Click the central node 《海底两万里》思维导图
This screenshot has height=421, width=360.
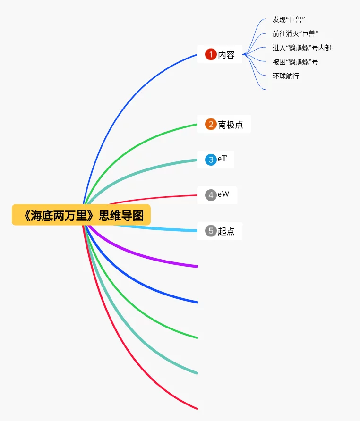point(81,215)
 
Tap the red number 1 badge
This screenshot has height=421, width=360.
point(211,55)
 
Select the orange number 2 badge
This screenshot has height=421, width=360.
point(211,125)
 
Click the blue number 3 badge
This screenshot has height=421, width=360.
point(211,160)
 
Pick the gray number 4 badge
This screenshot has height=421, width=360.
point(211,194)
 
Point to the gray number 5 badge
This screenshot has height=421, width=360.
point(211,231)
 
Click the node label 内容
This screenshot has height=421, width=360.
point(226,55)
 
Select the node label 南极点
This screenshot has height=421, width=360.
point(231,125)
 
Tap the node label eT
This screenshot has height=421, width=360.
point(222,159)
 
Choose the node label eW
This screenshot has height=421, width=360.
point(223,194)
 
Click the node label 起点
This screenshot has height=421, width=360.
point(226,231)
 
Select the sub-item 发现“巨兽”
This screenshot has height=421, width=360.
point(288,20)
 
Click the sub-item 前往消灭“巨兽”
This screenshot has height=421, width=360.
point(295,34)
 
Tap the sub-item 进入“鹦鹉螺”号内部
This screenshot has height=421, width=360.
point(301,48)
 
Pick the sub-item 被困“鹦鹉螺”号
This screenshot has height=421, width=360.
point(295,62)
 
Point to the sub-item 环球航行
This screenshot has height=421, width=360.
point(285,76)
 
